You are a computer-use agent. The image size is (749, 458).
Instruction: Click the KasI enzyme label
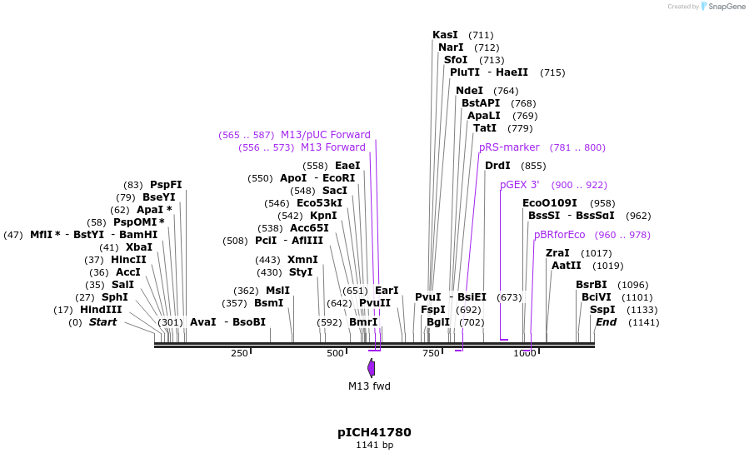[445, 35]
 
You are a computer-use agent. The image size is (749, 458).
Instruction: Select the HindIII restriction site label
[101, 310]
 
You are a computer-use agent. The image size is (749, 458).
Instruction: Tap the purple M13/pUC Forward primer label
[325, 135]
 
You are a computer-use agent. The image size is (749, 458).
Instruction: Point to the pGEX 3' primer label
[520, 185]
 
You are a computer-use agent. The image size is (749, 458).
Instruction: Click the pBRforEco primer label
[560, 235]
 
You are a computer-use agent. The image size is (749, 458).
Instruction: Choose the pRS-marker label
[509, 147]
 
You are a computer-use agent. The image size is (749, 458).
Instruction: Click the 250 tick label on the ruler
[239, 353]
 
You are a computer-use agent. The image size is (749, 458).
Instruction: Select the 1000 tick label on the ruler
[525, 353]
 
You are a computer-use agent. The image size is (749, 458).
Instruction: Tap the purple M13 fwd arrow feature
[371, 368]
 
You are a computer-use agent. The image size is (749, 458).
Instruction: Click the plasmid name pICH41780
[374, 432]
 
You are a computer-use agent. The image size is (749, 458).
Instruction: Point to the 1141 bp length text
[374, 446]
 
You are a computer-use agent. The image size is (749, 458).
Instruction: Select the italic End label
[606, 322]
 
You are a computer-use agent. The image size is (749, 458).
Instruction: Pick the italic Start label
[102, 322]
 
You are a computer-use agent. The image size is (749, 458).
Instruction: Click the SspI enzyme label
[602, 310]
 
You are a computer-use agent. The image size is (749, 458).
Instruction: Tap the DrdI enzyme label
[497, 166]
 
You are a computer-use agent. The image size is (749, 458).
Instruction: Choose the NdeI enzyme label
[469, 91]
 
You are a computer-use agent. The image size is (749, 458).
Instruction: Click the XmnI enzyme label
[302, 260]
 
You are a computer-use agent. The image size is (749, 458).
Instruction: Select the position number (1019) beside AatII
[607, 266]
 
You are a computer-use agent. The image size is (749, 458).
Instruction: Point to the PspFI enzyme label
[166, 185]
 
